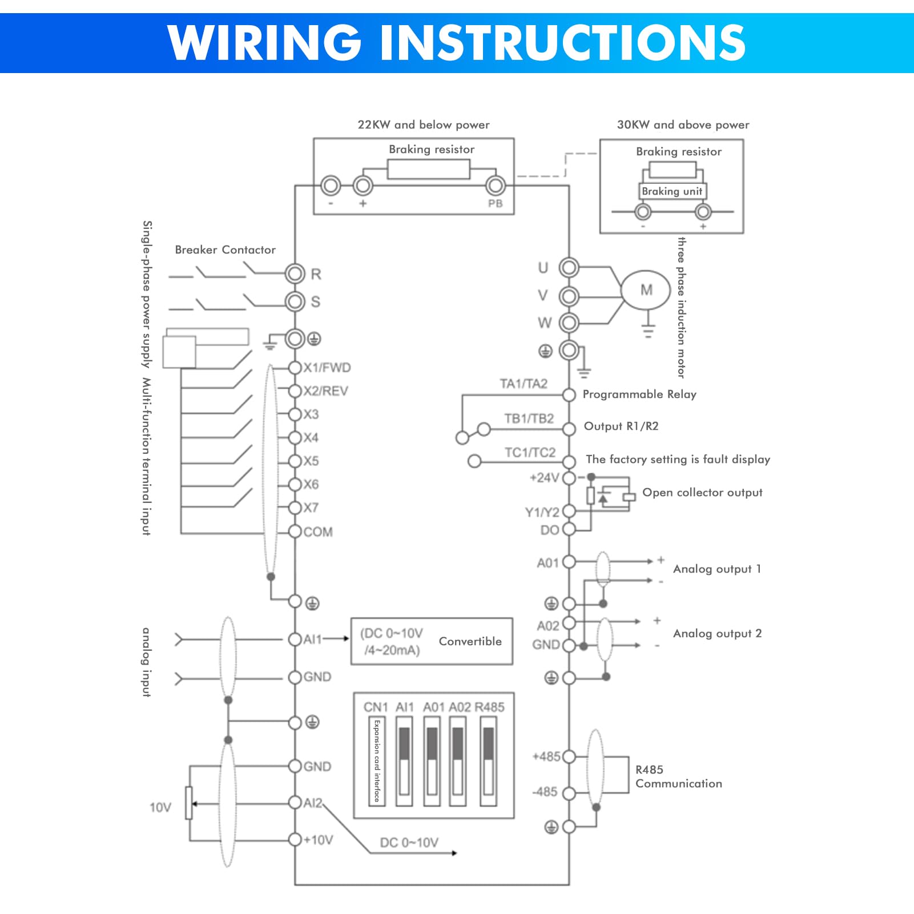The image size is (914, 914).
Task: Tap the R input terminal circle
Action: tap(295, 274)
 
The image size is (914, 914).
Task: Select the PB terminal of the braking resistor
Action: tap(495, 186)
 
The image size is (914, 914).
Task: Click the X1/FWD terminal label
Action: tap(327, 368)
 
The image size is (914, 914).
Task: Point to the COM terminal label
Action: tap(318, 532)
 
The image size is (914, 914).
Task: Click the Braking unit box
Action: tap(672, 191)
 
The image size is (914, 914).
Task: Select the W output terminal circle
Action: tap(569, 323)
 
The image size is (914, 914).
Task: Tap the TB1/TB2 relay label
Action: tap(529, 418)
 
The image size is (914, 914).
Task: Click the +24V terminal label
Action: tap(545, 478)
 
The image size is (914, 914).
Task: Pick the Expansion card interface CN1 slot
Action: tap(377, 761)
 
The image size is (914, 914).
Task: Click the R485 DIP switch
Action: tap(488, 761)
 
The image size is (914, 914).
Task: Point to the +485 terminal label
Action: tap(546, 756)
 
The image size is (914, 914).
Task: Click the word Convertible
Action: tap(470, 641)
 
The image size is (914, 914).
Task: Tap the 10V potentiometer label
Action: tap(160, 807)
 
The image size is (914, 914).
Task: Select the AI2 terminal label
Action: tap(313, 803)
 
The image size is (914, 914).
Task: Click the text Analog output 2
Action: tap(718, 633)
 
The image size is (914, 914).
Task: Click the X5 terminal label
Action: tap(311, 461)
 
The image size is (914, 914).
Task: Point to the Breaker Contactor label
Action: tap(225, 249)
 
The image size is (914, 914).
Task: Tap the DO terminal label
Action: tap(550, 530)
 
